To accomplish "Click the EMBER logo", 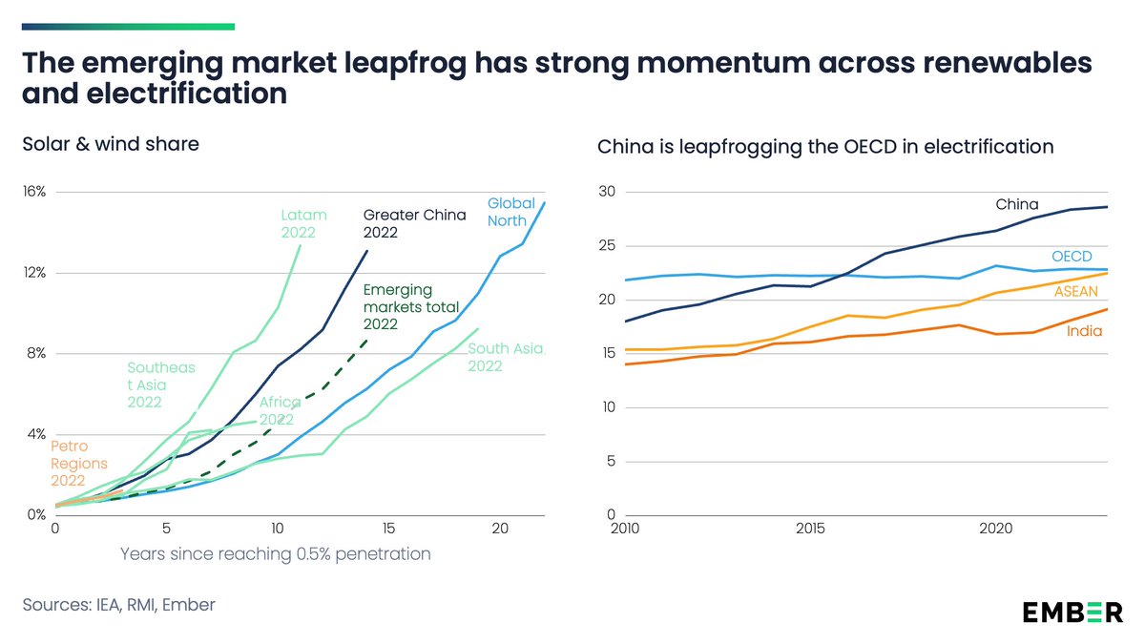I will (1072, 612).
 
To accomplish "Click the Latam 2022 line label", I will (303, 223).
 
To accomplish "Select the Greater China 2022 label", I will (414, 223).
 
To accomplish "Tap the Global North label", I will (511, 212).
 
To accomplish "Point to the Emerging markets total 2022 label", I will (411, 306).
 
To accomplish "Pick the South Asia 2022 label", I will (505, 358).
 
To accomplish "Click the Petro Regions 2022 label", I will (79, 463).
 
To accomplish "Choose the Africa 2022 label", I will (281, 410).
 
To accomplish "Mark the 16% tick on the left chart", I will (33, 192).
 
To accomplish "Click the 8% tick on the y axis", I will (36, 353).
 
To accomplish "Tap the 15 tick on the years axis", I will (387, 529).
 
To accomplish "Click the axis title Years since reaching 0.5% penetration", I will (276, 553).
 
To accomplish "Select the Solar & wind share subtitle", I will (111, 144).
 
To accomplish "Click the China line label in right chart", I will (1016, 204).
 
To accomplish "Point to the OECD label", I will (1072, 257).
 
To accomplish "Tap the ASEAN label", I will (1075, 291).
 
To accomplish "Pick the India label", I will (1084, 331).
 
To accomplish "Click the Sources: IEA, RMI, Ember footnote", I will (118, 605).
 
